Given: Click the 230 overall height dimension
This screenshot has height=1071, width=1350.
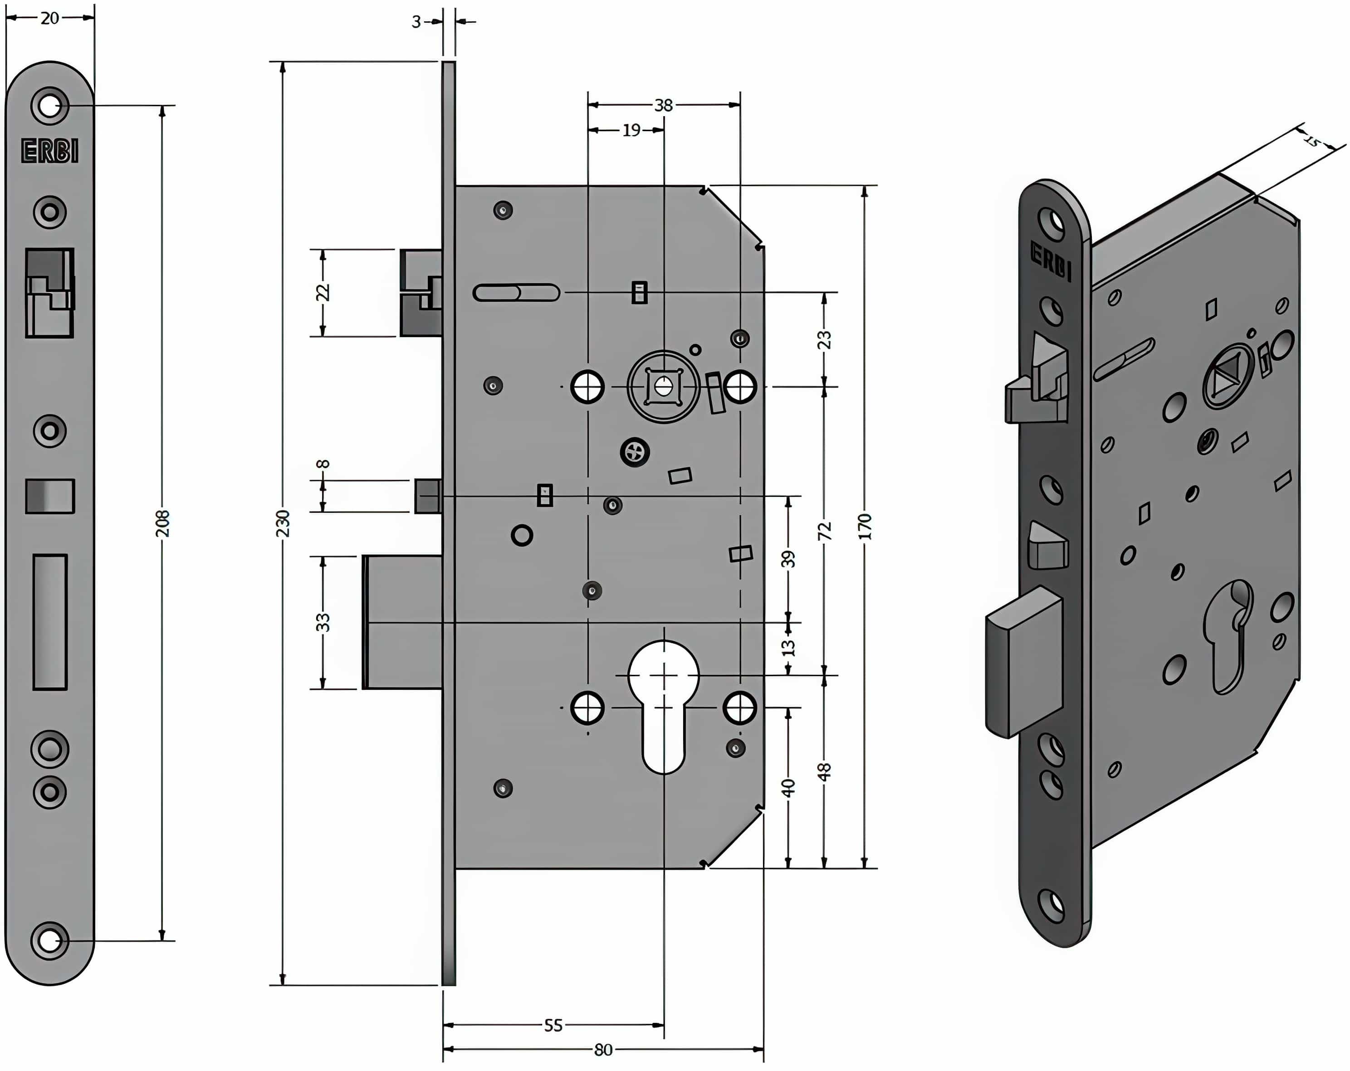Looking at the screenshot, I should pyautogui.click(x=283, y=523).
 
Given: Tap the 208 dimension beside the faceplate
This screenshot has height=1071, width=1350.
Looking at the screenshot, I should pyautogui.click(x=162, y=523).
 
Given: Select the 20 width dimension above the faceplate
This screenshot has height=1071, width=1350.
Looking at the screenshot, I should pyautogui.click(x=49, y=18).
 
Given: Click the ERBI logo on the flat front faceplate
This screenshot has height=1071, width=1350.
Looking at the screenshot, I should pyautogui.click(x=50, y=151).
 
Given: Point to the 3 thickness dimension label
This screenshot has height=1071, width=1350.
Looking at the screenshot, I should pyautogui.click(x=416, y=22).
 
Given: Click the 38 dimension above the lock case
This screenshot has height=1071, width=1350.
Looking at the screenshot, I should pyautogui.click(x=663, y=105).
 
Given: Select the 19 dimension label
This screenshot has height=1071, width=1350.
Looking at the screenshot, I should pyautogui.click(x=631, y=130).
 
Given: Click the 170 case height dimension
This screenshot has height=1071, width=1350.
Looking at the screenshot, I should pyautogui.click(x=865, y=526).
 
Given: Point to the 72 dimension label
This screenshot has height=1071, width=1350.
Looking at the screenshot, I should pyautogui.click(x=825, y=531).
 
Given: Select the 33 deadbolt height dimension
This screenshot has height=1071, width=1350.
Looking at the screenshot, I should pyautogui.click(x=323, y=622).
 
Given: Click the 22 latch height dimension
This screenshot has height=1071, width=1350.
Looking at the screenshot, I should pyautogui.click(x=323, y=293).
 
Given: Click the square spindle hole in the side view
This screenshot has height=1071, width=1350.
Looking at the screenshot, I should pyautogui.click(x=663, y=387).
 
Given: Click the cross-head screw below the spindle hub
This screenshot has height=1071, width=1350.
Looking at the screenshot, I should pyautogui.click(x=634, y=452).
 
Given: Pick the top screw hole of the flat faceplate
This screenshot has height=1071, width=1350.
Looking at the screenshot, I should pyautogui.click(x=49, y=105).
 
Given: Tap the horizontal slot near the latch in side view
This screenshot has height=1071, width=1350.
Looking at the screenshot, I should pyautogui.click(x=516, y=293).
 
